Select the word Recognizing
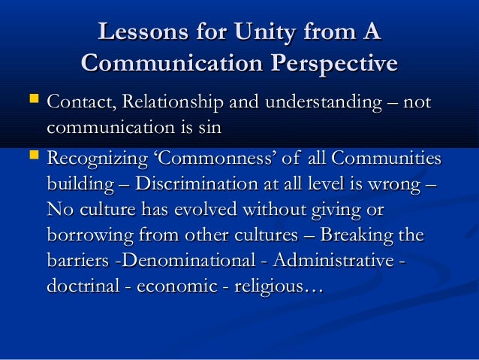click(x=94, y=160)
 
